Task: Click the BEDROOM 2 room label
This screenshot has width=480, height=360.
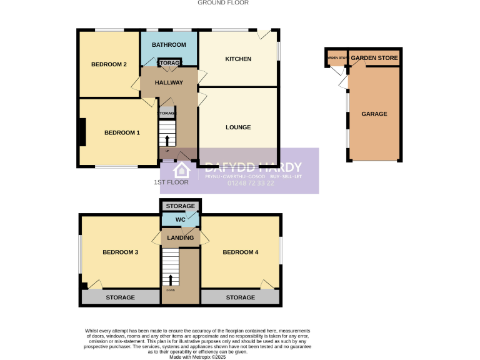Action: (x=109, y=64)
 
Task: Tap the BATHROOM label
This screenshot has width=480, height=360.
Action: (x=169, y=45)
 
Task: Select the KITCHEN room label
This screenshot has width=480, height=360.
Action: (x=238, y=59)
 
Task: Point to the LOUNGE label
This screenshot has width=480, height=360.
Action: (x=238, y=127)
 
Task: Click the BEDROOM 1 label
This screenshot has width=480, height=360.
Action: (x=122, y=132)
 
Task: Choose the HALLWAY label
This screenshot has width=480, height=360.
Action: (x=169, y=82)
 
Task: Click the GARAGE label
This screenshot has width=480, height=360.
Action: (x=374, y=114)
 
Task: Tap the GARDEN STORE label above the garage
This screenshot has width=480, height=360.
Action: (x=374, y=58)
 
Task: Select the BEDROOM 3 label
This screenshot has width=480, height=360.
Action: (x=120, y=252)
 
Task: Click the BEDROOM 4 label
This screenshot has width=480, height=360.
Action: (x=241, y=252)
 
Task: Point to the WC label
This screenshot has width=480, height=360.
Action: (x=180, y=220)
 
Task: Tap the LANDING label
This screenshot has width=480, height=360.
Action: (x=180, y=237)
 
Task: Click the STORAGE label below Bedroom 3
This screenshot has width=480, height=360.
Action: (x=120, y=297)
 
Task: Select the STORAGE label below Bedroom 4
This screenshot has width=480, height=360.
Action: (x=241, y=297)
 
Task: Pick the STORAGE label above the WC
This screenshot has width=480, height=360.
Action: (x=180, y=206)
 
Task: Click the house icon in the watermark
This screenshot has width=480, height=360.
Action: (x=182, y=170)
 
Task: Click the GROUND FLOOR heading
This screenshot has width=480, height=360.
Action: (x=223, y=2)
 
